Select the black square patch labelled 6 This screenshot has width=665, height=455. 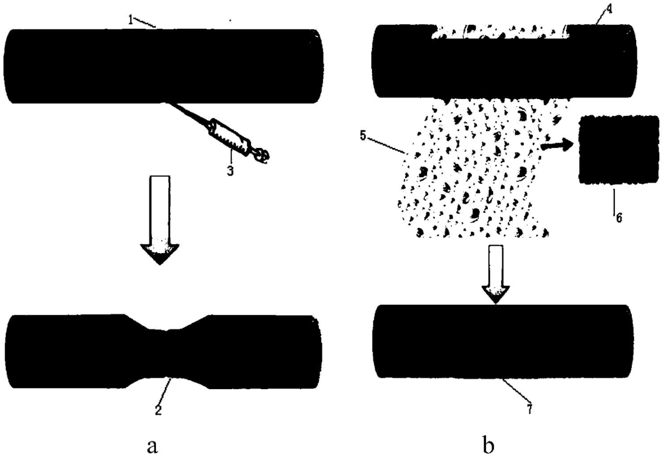tap(619, 150)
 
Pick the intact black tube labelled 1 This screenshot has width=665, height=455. tap(163, 66)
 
